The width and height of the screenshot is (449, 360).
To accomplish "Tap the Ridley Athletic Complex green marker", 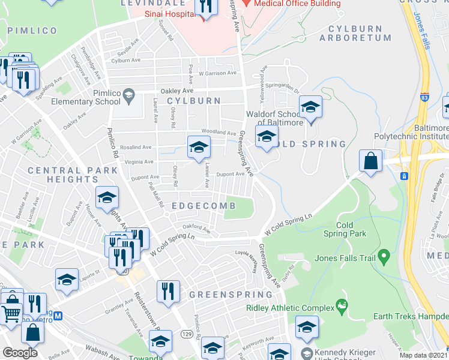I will [x=342, y=307].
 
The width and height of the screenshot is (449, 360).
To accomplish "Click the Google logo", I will [x=20, y=353].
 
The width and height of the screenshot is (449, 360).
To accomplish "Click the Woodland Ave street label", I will [x=218, y=133].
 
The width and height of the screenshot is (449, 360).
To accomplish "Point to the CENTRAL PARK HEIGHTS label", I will [x=73, y=175].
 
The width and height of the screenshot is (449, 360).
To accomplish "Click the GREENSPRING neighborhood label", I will [x=231, y=295].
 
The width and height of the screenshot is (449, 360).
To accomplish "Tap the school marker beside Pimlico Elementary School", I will [x=128, y=95].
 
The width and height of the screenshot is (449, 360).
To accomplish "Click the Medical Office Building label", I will [x=297, y=4].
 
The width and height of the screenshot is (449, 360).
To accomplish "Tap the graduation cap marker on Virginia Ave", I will [x=199, y=146].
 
